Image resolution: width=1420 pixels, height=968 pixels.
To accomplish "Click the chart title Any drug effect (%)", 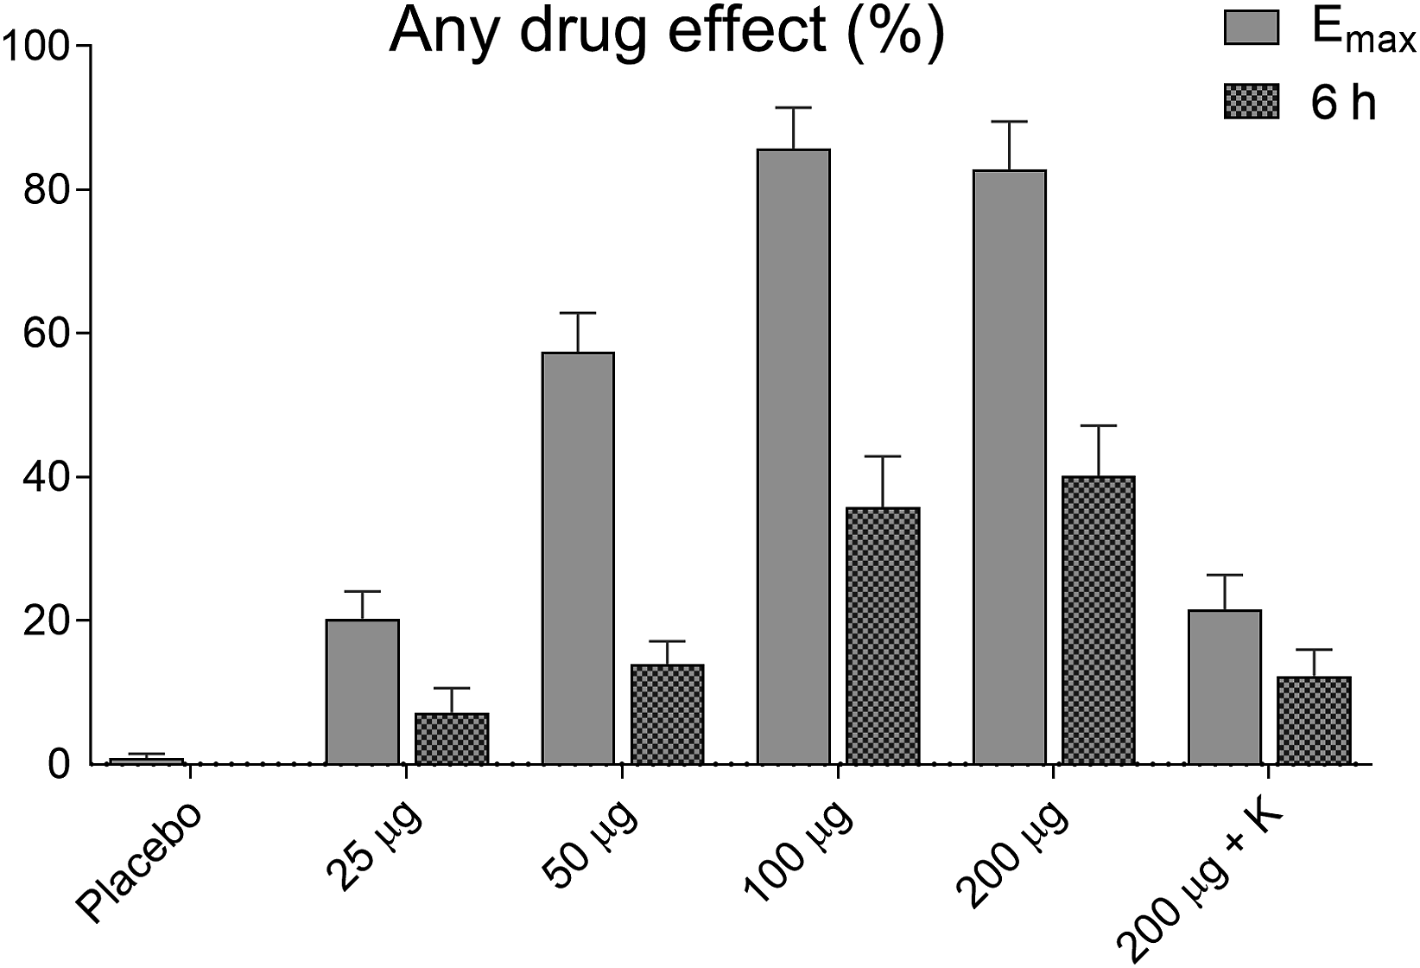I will (x=666, y=33).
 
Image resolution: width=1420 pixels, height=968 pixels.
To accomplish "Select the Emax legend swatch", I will (x=1251, y=29).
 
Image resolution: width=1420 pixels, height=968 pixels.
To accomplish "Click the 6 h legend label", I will (x=1344, y=104).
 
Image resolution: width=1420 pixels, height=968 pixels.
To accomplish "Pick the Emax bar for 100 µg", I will (x=794, y=456).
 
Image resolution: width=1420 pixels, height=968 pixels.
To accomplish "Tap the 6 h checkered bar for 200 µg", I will (x=1098, y=620).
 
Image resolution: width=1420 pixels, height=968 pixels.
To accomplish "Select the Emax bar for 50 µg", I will (x=578, y=558).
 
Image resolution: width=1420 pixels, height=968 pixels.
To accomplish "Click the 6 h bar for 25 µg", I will (x=452, y=739).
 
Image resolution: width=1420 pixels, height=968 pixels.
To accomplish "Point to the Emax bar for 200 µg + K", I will (x=1225, y=687).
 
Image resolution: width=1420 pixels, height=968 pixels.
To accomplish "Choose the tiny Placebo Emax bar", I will (x=147, y=761).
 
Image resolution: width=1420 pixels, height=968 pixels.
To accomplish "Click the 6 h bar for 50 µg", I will (x=667, y=715).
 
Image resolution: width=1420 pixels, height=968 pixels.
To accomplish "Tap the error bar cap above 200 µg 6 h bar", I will (x=1098, y=426).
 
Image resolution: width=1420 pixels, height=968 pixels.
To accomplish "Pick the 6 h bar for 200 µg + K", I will (x=1314, y=720).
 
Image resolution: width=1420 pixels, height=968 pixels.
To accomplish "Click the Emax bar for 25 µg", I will (x=363, y=691).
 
